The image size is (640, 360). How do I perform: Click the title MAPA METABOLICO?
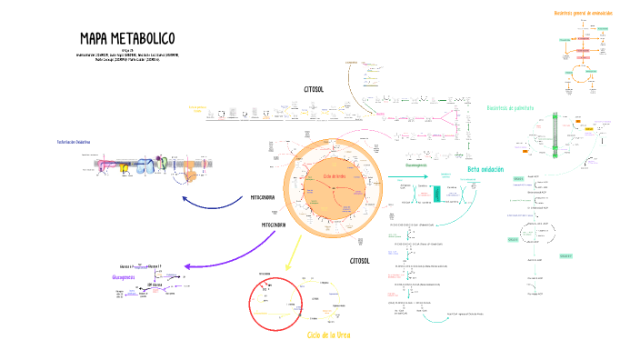coord(127,39)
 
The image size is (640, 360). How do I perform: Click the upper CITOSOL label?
coord(315,89)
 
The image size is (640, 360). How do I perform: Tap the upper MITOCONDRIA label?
coord(268,197)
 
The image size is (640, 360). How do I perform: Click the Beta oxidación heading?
coord(486,169)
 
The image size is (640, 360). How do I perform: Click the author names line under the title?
coord(127,57)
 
